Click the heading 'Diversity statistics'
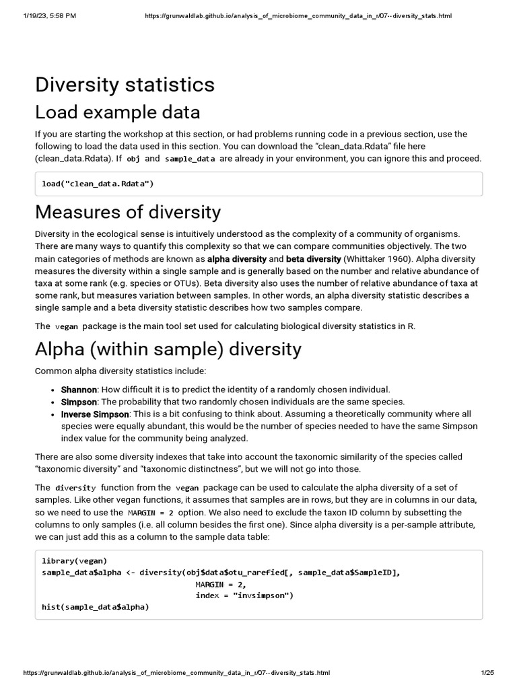point(125,85)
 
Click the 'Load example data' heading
point(117,112)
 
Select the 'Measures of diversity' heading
point(128,212)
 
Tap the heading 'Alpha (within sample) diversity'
point(168,349)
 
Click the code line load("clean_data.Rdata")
point(98,184)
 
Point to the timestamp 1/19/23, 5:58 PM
point(49,15)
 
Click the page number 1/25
point(487,673)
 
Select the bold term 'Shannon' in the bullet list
point(79,390)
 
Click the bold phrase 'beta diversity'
point(313,259)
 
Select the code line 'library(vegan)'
point(74,560)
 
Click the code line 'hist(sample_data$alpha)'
point(95,606)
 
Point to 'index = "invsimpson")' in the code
point(244,595)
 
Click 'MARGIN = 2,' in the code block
point(221,583)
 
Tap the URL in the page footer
point(176,673)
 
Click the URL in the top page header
point(298,15)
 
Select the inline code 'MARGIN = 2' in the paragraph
point(147,513)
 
